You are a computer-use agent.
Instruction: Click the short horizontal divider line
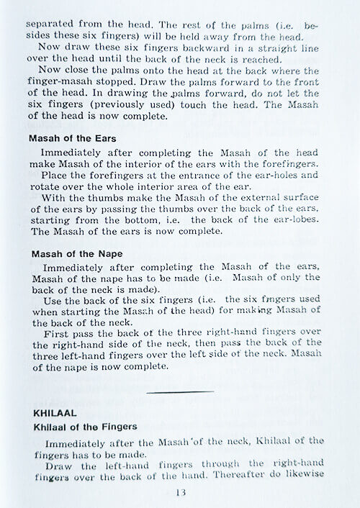point(179,391)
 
